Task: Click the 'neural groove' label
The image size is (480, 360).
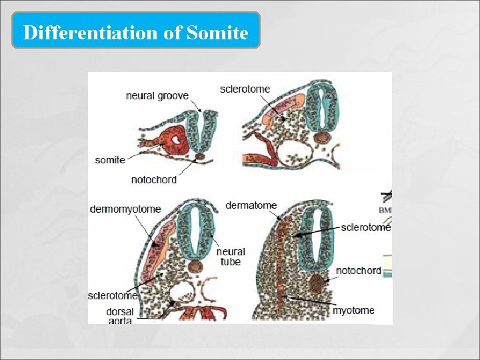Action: coord(157,96)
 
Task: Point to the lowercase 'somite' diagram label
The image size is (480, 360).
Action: coord(110,160)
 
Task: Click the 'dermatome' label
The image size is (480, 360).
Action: coord(251,205)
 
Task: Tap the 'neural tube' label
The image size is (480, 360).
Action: coord(231,257)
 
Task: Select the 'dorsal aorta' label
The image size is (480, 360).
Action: coord(119,316)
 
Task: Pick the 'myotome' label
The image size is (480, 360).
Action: coord(353,311)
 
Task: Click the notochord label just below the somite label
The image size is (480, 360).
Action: coord(153,180)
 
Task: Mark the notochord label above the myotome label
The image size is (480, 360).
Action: coord(359,271)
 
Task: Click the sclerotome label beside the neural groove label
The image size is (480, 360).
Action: coord(245,89)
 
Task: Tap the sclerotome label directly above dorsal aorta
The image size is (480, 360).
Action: coord(113,295)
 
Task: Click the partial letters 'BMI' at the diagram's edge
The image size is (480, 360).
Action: coord(385,210)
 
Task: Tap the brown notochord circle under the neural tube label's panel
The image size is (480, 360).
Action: coord(196,266)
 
